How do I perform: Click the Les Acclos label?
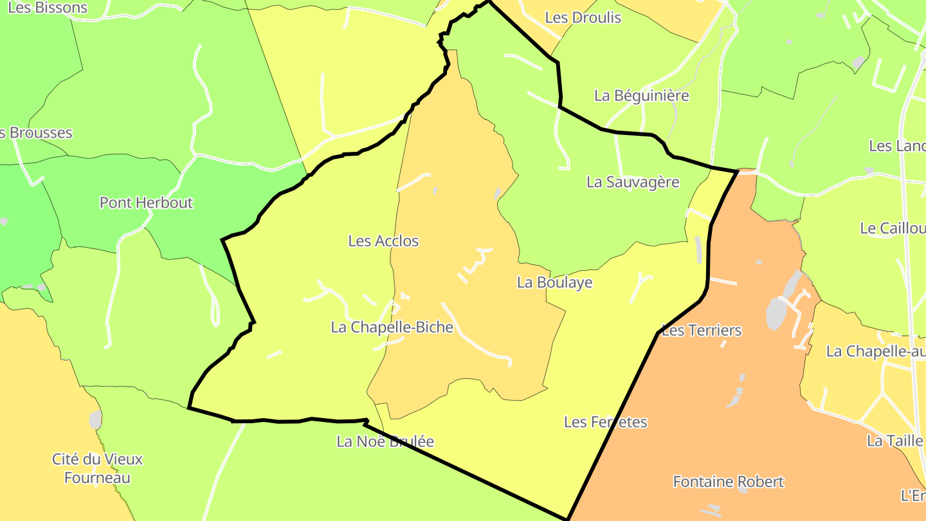coord(383,241)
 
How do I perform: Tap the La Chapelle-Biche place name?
coord(392,327)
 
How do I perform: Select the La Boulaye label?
coord(554,282)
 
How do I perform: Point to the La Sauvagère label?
coord(633,182)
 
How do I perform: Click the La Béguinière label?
coord(641,96)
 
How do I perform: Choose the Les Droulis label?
coord(583,17)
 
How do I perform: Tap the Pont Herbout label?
coord(146,203)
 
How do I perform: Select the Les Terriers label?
coord(701,331)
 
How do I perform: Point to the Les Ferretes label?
coord(605,422)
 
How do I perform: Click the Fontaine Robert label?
coord(728,482)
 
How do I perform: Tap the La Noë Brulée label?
coord(385,442)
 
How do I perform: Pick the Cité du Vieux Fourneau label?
coord(97,468)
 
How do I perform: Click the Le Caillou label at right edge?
coord(893,228)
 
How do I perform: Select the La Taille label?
coord(894,441)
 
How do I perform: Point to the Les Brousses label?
coord(36,133)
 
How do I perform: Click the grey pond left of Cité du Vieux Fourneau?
coord(95,419)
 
